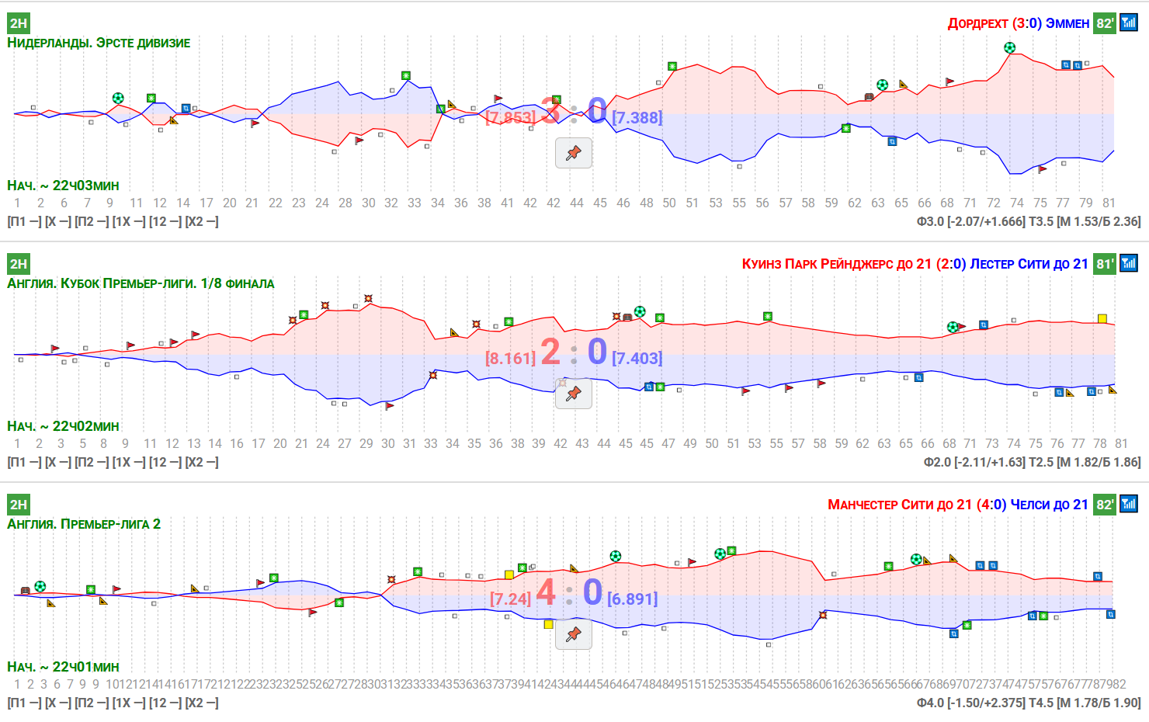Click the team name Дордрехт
pos(977,23)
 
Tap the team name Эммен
pos(1067,23)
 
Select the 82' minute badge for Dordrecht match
pos(1104,23)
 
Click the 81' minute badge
pos(1104,264)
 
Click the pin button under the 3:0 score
pos(574,153)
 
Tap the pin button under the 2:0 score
pos(574,394)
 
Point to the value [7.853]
pos(510,118)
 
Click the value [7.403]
pos(637,359)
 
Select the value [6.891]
pos(632,599)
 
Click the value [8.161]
pos(510,359)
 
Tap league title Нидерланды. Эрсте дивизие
pos(99,43)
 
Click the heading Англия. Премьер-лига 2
pos(84,524)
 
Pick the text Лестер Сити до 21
pos(1029,264)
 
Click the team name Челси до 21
pos(1049,505)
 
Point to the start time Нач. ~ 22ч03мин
pos(64,186)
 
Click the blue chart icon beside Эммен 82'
pos(1129,23)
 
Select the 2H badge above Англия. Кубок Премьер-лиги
pos(18,264)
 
